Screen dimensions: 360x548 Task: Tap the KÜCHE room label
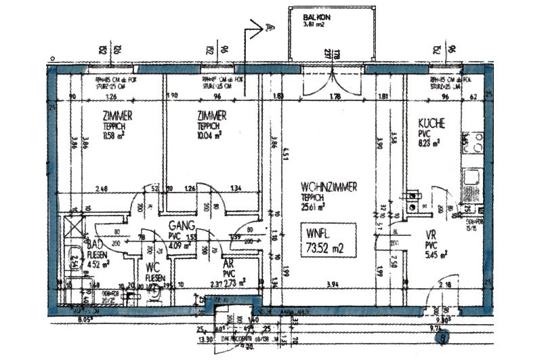point(431,123)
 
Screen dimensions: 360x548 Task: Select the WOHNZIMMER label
point(329,186)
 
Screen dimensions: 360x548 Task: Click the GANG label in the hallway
point(183,226)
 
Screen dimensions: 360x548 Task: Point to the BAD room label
point(96,245)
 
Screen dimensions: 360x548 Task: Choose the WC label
point(152,267)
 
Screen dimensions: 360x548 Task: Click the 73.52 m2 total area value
point(328,248)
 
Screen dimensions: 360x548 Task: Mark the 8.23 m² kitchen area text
point(429,142)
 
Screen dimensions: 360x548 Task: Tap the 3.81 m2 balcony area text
point(314,25)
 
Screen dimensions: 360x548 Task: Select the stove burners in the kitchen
point(472,142)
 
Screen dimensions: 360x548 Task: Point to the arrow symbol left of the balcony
point(261,28)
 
